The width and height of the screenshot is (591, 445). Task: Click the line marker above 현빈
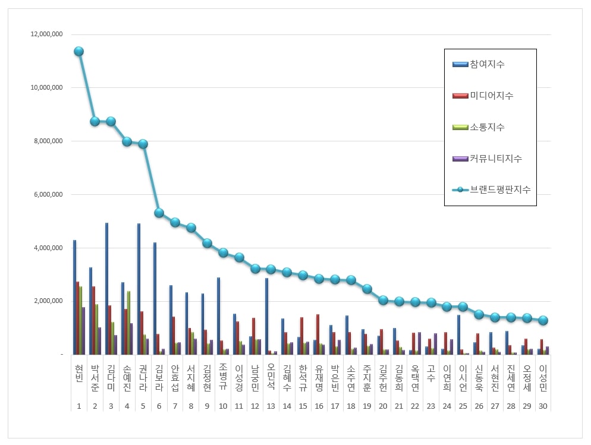click(78, 51)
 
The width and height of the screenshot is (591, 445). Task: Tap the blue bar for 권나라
click(139, 289)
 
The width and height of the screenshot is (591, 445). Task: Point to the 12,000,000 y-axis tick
click(47, 34)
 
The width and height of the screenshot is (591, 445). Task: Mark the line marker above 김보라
click(159, 213)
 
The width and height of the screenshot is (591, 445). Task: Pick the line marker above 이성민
click(542, 320)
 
